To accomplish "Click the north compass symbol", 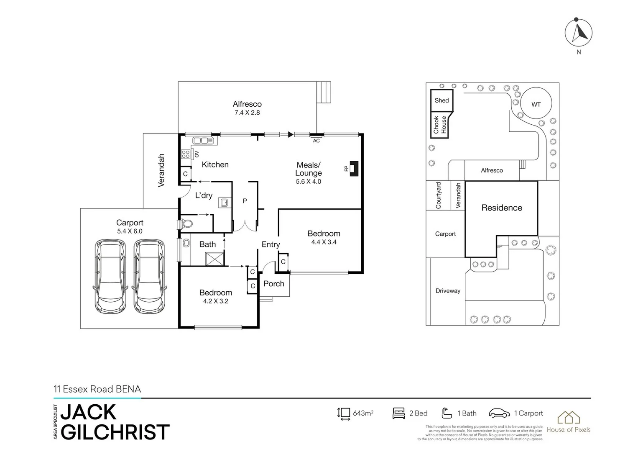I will click(x=579, y=33).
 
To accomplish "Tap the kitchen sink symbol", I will click(x=203, y=141).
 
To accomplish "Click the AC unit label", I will click(x=316, y=141).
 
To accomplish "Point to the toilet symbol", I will click(x=186, y=224).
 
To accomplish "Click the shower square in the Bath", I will click(x=215, y=259).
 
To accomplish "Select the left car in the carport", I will click(x=110, y=276).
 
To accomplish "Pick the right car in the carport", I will click(x=149, y=276).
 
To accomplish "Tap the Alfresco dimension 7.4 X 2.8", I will click(x=247, y=113).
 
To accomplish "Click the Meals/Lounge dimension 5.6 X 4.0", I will click(x=309, y=182).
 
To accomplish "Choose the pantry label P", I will click(x=245, y=201).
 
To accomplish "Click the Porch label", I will click(x=274, y=284).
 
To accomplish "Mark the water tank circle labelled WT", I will click(x=536, y=104).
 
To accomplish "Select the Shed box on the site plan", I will click(x=441, y=100).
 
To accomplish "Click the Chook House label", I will click(x=439, y=125).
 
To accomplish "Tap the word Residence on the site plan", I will click(x=502, y=208).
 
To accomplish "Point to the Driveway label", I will click(x=448, y=291).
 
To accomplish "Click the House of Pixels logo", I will click(x=569, y=421).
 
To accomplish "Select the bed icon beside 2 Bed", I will click(x=398, y=413).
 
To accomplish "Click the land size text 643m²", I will click(x=363, y=413).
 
